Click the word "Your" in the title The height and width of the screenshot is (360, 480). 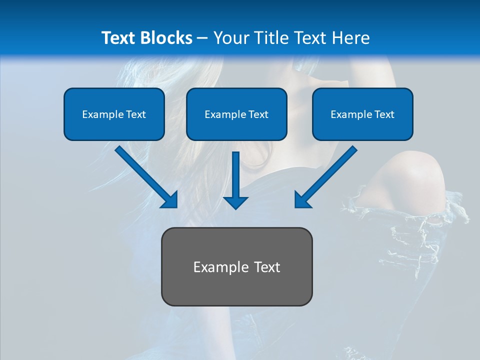[231, 38]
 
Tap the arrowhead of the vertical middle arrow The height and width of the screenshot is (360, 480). [236, 202]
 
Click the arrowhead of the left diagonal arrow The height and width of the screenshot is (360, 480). [170, 200]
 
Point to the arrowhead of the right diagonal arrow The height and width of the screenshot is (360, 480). [302, 200]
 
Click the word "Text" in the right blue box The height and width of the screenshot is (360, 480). [384, 114]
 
